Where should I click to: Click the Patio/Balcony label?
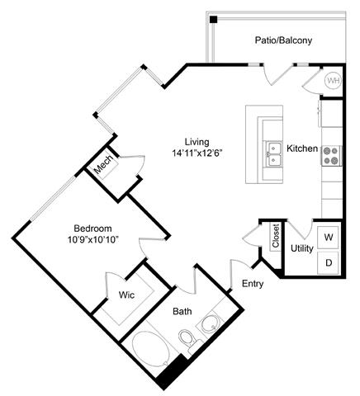[x=284, y=39]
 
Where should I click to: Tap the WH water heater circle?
[x=334, y=81]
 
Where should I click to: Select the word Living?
[x=197, y=141]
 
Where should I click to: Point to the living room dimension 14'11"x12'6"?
[x=197, y=153]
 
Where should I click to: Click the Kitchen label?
[x=302, y=148]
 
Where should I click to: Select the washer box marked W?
[x=328, y=238]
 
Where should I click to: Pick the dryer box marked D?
[x=328, y=262]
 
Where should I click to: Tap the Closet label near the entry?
[x=276, y=236]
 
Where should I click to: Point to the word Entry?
[x=253, y=284]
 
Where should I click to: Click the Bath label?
[x=182, y=313]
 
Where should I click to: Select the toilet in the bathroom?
[x=187, y=338]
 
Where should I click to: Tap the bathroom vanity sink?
[x=213, y=323]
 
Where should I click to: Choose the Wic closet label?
[x=127, y=294]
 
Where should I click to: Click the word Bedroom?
[x=93, y=229]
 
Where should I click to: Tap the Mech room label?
[x=104, y=167]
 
